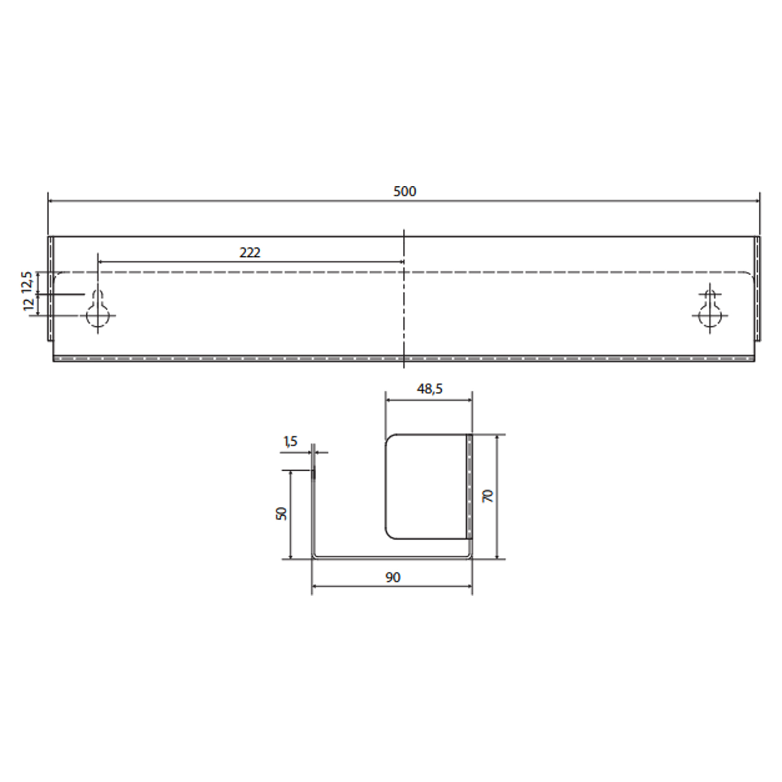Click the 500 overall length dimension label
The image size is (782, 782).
(405, 192)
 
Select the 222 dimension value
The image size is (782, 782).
(250, 253)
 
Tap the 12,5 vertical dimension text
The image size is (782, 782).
(27, 282)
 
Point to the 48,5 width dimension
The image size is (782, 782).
(430, 389)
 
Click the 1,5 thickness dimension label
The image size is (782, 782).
(291, 441)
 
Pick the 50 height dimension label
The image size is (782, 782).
(281, 514)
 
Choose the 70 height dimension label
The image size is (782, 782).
(488, 496)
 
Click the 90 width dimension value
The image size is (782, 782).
(393, 578)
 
